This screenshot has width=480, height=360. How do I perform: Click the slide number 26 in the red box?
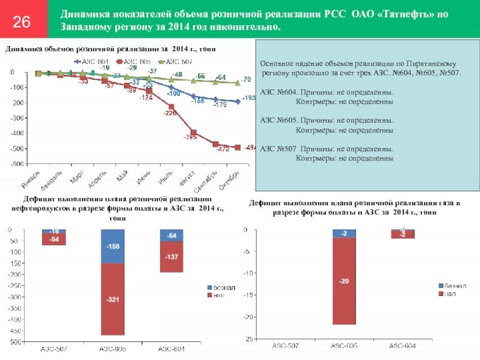pyautogui.click(x=22, y=23)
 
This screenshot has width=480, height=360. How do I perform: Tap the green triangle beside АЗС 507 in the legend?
pyautogui.click(x=161, y=61)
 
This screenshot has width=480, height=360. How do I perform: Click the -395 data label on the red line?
pyautogui.click(x=190, y=138)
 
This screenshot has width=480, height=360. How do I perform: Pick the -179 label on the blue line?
pyautogui.click(x=220, y=105)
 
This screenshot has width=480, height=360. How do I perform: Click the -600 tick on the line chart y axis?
pyautogui.click(x=17, y=164)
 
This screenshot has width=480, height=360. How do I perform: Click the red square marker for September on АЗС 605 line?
pyautogui.click(x=215, y=144)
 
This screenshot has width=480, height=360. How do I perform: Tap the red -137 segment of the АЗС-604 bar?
pyautogui.click(x=171, y=257)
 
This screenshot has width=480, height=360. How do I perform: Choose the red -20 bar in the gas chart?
pyautogui.click(x=344, y=281)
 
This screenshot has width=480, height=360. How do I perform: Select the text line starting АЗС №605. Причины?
pyautogui.click(x=327, y=120)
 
